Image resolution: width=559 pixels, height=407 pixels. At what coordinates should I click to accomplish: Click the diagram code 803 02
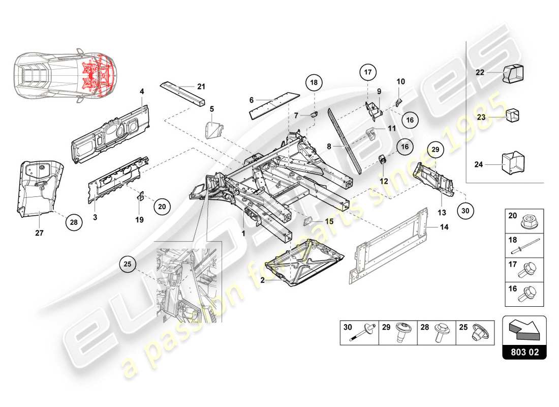coord(524,351)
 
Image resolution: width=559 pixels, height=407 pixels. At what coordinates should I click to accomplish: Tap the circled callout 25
coord(128,264)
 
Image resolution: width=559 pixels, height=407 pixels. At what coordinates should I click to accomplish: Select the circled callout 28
coord(74,222)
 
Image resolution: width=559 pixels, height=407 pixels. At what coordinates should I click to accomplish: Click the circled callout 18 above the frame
coord(314,82)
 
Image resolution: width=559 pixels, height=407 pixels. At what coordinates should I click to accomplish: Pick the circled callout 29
coord(434,149)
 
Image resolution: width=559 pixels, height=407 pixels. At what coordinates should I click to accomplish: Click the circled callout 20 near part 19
coord(162,207)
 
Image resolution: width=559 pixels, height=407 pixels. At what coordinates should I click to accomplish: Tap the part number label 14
coord(444,227)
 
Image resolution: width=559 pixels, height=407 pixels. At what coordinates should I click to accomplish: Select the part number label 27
coord(40,234)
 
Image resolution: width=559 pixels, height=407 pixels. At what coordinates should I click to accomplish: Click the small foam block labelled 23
coord(512,117)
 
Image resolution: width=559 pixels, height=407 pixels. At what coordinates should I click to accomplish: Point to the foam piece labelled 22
coord(513,73)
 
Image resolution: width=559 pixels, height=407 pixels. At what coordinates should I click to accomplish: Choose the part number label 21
coord(201,86)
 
